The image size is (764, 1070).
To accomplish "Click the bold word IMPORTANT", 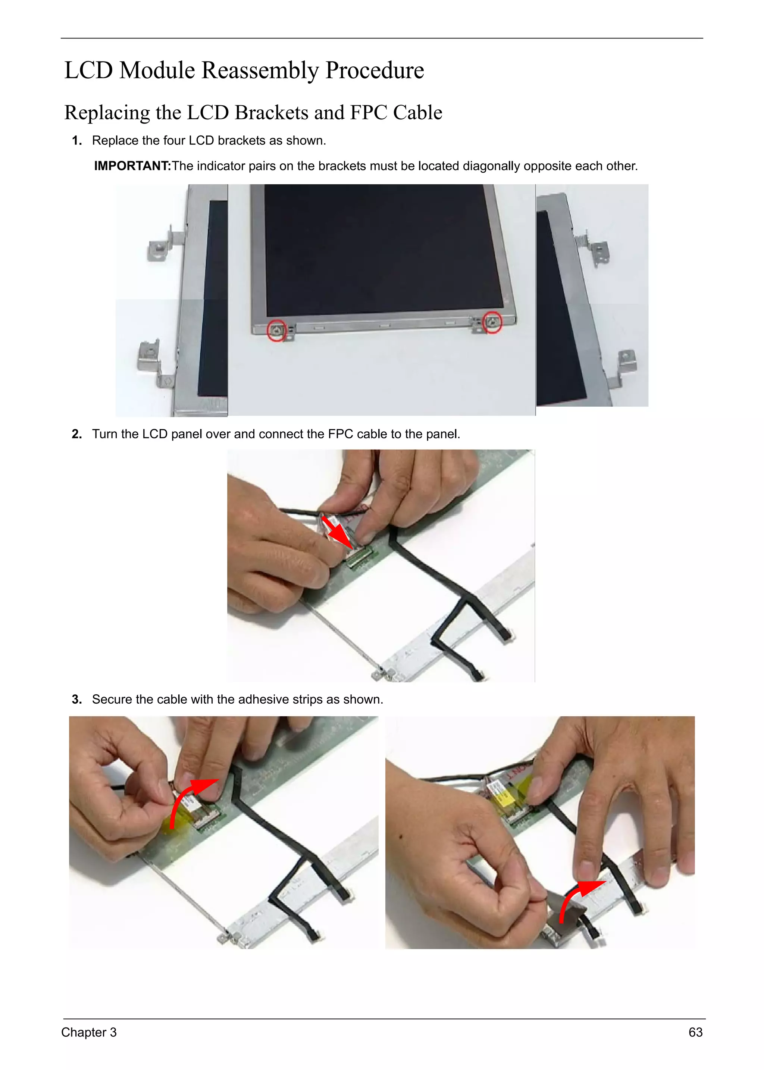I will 132,166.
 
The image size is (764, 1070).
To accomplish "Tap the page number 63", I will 695,1032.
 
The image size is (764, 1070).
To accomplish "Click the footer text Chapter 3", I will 89,1032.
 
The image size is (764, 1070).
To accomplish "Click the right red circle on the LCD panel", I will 492,322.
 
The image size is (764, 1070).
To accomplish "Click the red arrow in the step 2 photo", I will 338,534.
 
